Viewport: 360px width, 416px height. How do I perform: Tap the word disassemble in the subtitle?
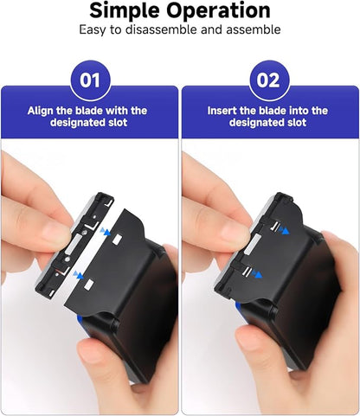(177, 29)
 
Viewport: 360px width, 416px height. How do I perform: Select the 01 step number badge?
(90, 80)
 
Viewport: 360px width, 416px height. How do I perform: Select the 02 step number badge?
(269, 80)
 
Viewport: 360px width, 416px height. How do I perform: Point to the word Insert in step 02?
(223, 111)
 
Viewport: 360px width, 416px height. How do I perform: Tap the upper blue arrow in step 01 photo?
(105, 233)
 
